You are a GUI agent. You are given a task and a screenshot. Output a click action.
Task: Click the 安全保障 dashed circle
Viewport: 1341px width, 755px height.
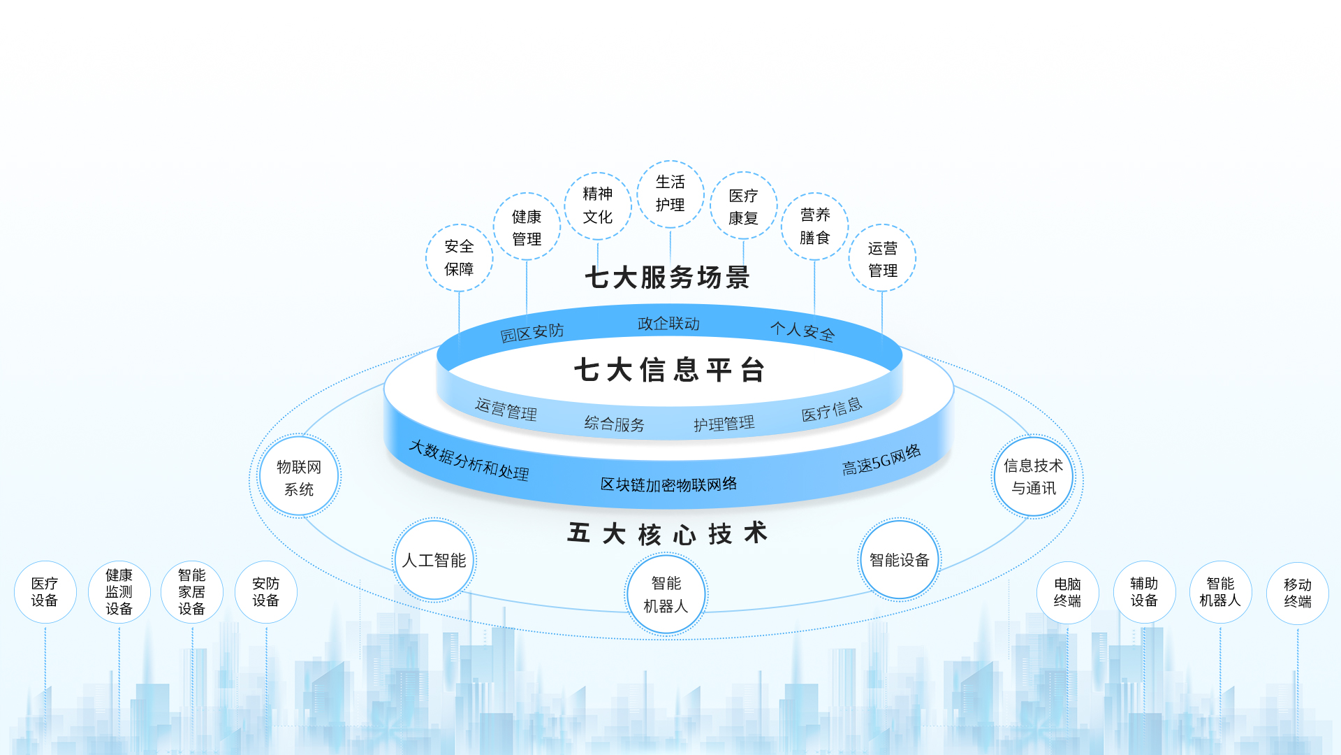[459, 258]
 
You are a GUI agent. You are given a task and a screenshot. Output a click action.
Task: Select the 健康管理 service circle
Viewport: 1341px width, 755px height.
[527, 227]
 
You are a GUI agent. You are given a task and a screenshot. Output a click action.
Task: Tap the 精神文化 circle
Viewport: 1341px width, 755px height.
[598, 206]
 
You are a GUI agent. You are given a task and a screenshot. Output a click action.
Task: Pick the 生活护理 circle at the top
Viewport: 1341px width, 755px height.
[670, 194]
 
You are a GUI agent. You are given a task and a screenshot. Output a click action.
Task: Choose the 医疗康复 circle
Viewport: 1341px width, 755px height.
[743, 206]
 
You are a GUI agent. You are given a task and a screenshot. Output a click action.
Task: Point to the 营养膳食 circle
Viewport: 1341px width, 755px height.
[814, 226]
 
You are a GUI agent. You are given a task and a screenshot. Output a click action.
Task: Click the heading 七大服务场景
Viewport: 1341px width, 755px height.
[667, 278]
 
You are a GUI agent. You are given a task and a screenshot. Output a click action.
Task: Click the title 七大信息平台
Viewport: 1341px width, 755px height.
[669, 370]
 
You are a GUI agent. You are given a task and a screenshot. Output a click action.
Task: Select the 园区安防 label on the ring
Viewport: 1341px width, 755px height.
[532, 332]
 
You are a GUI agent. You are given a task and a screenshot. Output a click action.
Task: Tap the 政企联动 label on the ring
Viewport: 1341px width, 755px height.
[668, 324]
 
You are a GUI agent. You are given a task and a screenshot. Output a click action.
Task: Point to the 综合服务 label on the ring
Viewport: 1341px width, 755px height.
[614, 424]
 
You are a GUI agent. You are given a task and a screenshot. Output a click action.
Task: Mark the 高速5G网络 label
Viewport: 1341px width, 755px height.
[881, 460]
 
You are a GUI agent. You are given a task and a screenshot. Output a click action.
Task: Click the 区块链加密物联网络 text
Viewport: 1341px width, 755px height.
[668, 484]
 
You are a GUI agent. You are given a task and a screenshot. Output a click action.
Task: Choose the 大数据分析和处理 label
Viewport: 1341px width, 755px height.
[469, 459]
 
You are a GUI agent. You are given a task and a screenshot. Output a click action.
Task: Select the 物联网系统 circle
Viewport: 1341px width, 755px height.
[299, 477]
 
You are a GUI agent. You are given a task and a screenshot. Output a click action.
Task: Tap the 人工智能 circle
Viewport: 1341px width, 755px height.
[434, 560]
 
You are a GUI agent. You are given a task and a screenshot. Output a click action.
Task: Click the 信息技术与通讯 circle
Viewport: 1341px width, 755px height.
[1033, 477]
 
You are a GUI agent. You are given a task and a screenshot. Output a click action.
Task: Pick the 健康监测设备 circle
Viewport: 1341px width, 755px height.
[119, 592]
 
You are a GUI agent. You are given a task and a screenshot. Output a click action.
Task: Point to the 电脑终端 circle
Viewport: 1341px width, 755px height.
[1067, 592]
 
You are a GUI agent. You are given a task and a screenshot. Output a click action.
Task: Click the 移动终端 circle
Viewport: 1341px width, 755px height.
[1297, 593]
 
